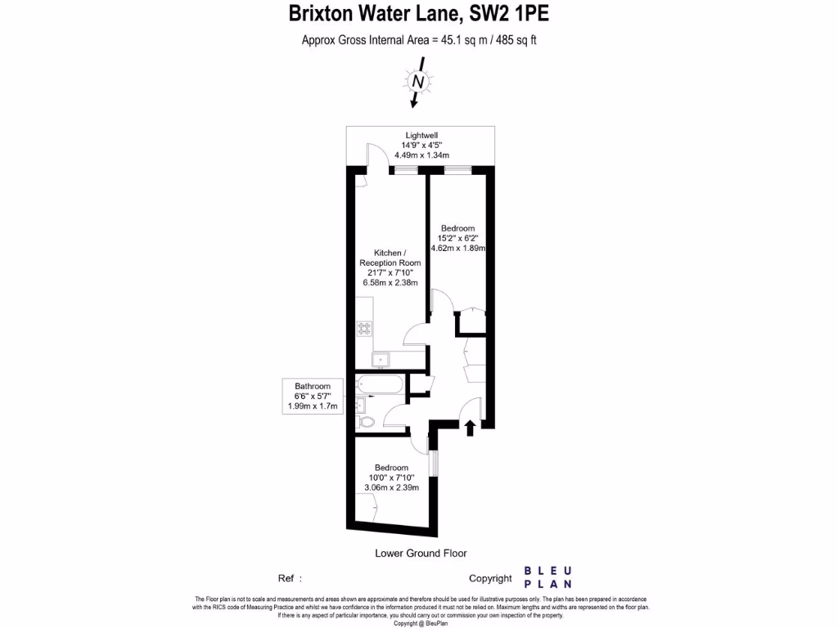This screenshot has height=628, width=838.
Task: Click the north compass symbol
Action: pyautogui.click(x=418, y=82)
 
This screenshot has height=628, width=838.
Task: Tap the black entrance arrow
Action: pyautogui.click(x=470, y=428)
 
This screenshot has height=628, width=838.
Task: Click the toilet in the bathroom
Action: pyautogui.click(x=365, y=421)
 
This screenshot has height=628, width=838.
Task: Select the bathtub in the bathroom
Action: pyautogui.click(x=380, y=384)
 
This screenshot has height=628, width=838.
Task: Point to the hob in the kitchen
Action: pyautogui.click(x=364, y=329)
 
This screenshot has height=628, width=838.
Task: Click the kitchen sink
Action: pyautogui.click(x=381, y=360)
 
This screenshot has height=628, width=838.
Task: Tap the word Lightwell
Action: pyautogui.click(x=422, y=135)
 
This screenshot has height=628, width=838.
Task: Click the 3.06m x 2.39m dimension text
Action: pyautogui.click(x=391, y=487)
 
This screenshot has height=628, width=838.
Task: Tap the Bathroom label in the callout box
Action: pyautogui.click(x=313, y=386)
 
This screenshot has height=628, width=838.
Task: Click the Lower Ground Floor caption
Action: pyautogui.click(x=421, y=553)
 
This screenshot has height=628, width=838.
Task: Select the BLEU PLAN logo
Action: pyautogui.click(x=547, y=577)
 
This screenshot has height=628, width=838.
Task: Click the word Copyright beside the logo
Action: pyautogui.click(x=490, y=578)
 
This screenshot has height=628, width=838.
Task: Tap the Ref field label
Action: pyautogui.click(x=286, y=578)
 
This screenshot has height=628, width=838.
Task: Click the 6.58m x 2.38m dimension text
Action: pyautogui.click(x=390, y=283)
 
